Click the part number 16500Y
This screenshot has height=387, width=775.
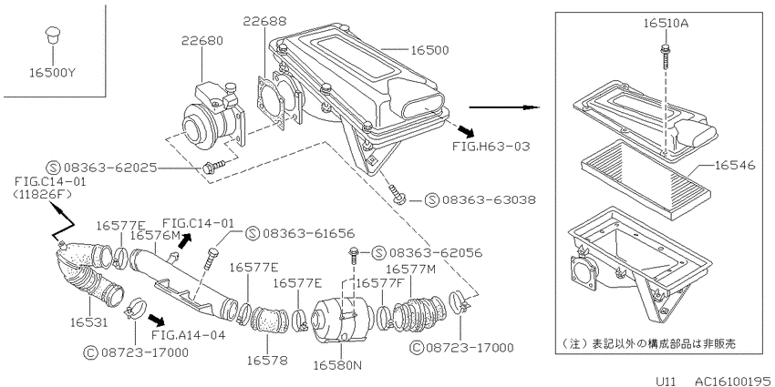tap(52, 73)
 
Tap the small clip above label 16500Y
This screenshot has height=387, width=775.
tap(51, 35)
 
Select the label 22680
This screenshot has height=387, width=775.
tap(201, 40)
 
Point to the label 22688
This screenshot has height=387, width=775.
tap(264, 21)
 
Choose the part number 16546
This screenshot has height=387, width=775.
tap(734, 165)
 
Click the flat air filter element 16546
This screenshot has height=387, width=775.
tap(644, 180)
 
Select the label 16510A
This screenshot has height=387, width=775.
tap(666, 23)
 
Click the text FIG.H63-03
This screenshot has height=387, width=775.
tap(491, 146)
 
